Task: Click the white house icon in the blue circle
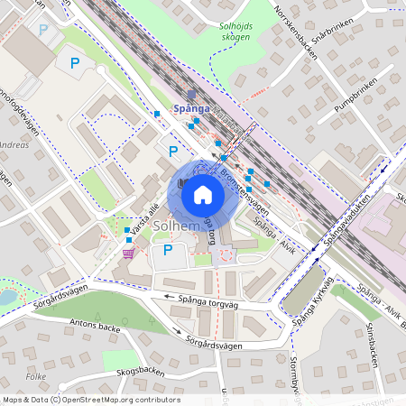203,194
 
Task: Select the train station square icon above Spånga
190,93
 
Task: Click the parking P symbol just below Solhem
168,249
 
